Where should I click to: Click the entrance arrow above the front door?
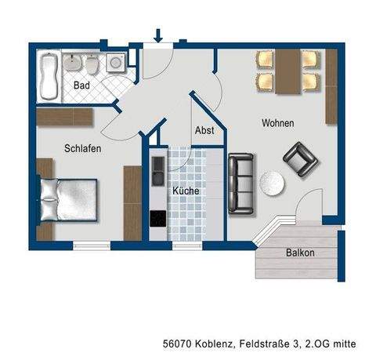159,35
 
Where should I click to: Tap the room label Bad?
82,85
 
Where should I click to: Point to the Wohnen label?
278,123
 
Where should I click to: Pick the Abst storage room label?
204,130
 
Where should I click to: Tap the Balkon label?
300,253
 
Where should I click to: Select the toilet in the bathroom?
93,62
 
